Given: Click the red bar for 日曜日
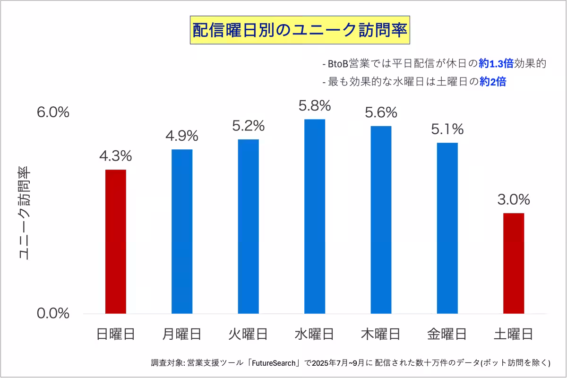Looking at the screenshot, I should tap(116, 241).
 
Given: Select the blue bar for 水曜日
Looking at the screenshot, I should tap(315, 216).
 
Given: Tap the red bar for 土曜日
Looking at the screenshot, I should tap(514, 263).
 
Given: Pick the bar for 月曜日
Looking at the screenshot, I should tap(182, 232).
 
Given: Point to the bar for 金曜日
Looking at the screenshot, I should tap(447, 228).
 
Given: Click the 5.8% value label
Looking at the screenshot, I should tap(315, 106).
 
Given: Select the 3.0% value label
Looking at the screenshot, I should tap(514, 200).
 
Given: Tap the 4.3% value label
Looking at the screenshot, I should tap(116, 156).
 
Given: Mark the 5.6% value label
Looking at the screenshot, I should tap(381, 112).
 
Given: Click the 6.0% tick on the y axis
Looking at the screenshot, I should tap(53, 112).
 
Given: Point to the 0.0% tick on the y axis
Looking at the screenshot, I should tap(53, 313).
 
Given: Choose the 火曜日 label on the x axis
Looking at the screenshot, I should tap(248, 335).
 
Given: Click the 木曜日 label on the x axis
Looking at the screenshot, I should tap(381, 335).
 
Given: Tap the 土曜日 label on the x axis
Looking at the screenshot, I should tap(514, 335).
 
